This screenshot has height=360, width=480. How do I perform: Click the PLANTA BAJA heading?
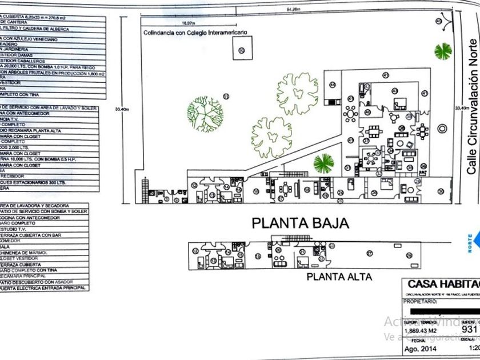(300, 223)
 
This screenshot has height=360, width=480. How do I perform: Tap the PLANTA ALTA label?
(339, 277)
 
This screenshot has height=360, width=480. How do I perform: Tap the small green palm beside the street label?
(443, 51)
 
